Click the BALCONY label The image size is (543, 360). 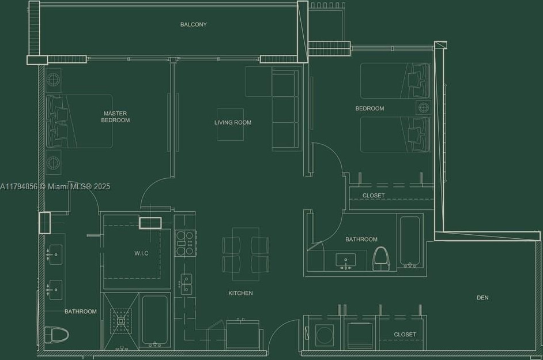[x=193, y=24]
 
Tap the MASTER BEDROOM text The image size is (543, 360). [x=115, y=117]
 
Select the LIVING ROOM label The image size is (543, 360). [x=233, y=122]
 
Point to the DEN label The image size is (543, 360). [x=482, y=298]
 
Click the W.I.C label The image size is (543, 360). [x=141, y=253]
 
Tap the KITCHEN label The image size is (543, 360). [x=240, y=293]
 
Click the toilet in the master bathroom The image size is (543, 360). [x=56, y=335]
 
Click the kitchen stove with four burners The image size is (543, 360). [x=186, y=243]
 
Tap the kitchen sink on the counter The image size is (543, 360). [x=186, y=284]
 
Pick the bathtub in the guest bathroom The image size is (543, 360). [x=410, y=242]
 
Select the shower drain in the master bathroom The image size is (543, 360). [x=121, y=321]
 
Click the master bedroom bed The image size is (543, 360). [x=80, y=121]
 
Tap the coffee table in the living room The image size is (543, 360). [x=230, y=124]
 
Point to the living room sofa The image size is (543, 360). [x=285, y=110]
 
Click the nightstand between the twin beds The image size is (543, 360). [x=424, y=107]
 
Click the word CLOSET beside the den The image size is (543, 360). [x=405, y=335]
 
